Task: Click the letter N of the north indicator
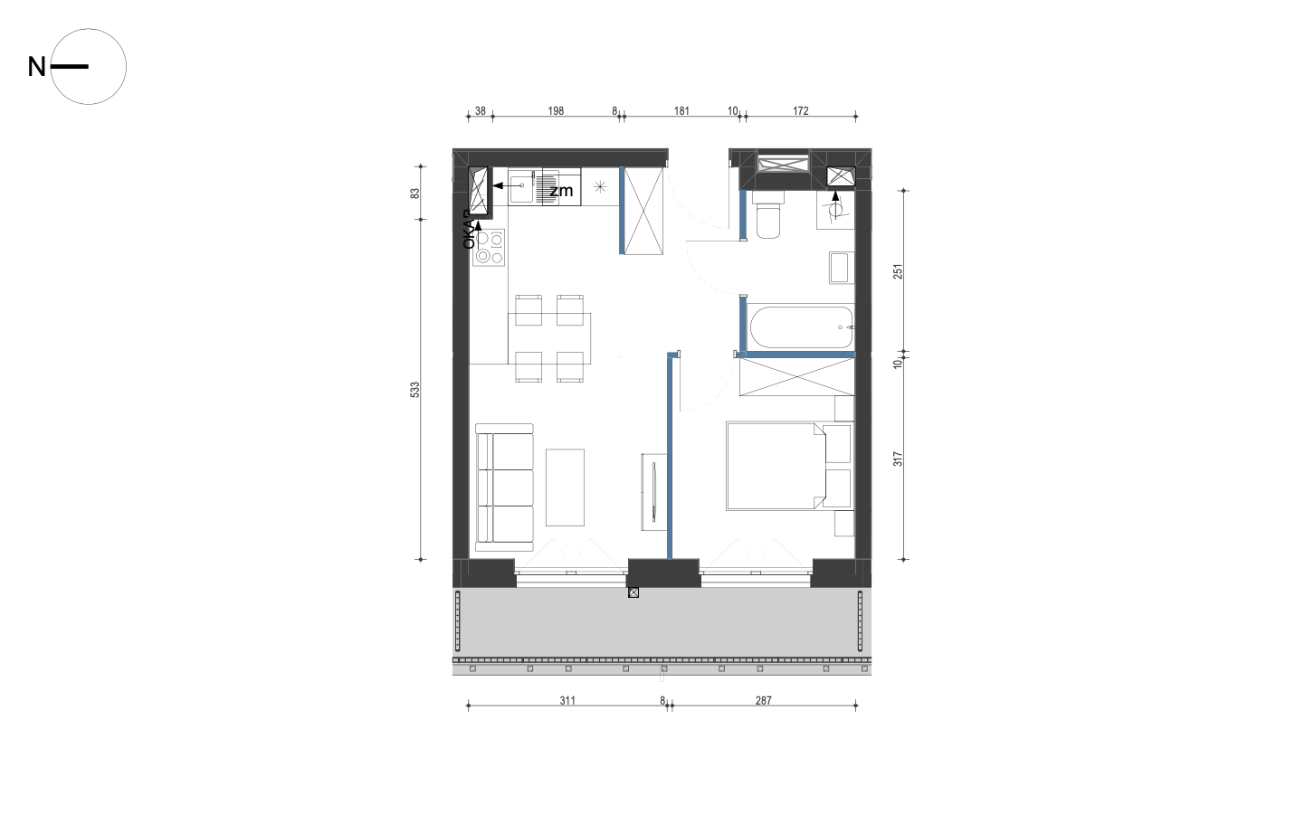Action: pos(36,67)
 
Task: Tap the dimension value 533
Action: pos(414,390)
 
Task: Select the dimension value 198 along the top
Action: pos(556,110)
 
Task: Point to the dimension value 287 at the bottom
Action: pos(763,700)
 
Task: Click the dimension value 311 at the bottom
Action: pos(567,700)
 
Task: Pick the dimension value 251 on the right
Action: pos(898,271)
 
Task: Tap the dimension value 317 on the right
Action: pos(898,459)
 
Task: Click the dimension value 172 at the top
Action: pos(801,110)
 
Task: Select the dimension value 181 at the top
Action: pos(681,110)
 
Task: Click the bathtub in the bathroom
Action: pos(802,327)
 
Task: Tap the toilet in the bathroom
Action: pos(767,215)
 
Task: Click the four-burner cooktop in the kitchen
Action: pos(489,248)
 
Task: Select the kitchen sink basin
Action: pos(521,187)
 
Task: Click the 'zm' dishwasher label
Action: pos(562,191)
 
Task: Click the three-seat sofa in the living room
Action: pos(504,487)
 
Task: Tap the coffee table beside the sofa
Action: pos(565,487)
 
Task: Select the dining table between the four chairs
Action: pos(549,338)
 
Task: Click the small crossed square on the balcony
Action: pos(633,592)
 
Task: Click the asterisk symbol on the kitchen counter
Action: pos(600,187)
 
